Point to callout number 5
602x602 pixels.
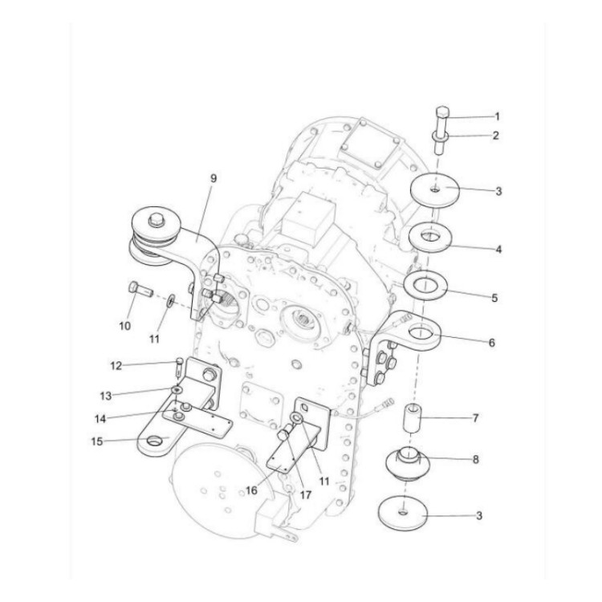click(x=495, y=297)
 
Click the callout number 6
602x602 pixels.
click(x=491, y=342)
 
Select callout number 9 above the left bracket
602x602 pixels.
click(x=213, y=179)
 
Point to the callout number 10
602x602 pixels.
click(x=125, y=325)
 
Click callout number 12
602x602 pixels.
click(x=117, y=366)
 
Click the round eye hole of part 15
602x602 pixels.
click(x=153, y=438)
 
